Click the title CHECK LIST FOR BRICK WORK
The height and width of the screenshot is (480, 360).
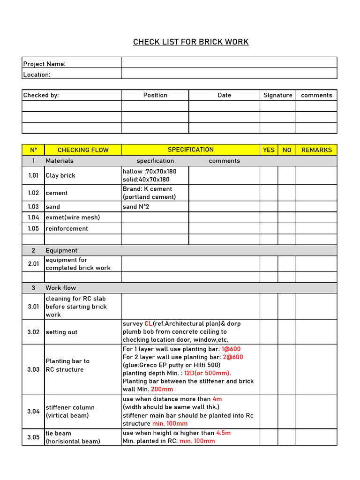pyautogui.click(x=191, y=42)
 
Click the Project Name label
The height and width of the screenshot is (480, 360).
pyautogui.click(x=45, y=64)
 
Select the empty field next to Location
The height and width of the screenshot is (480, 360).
pyautogui.click(x=229, y=74)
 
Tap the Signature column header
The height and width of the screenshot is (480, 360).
pyautogui.click(x=277, y=95)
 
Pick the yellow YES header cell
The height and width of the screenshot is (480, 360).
pyautogui.click(x=269, y=150)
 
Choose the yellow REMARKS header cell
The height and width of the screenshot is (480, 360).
pyautogui.click(x=316, y=150)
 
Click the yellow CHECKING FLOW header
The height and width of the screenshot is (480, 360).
pyautogui.click(x=83, y=150)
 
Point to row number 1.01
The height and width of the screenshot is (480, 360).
pyautogui.click(x=33, y=175)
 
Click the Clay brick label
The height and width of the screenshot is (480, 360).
pyautogui.click(x=60, y=176)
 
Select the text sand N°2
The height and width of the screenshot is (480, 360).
pyautogui.click(x=136, y=207)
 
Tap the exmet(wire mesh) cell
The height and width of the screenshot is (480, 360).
pyautogui.click(x=73, y=217)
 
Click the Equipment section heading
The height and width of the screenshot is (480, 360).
pyautogui.click(x=61, y=250)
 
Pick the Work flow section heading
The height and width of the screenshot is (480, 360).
pyautogui.click(x=60, y=288)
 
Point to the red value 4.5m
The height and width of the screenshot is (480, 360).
pyautogui.click(x=224, y=433)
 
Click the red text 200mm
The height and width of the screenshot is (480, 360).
pyautogui.click(x=162, y=389)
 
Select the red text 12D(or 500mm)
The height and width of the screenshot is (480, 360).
pyautogui.click(x=207, y=373)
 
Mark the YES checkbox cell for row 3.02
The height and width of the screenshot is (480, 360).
pyautogui.click(x=269, y=332)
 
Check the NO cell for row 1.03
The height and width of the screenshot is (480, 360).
pyautogui.click(x=287, y=207)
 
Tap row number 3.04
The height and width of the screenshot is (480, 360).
pyautogui.click(x=33, y=412)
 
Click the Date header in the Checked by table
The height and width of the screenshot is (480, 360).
pyautogui.click(x=225, y=95)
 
